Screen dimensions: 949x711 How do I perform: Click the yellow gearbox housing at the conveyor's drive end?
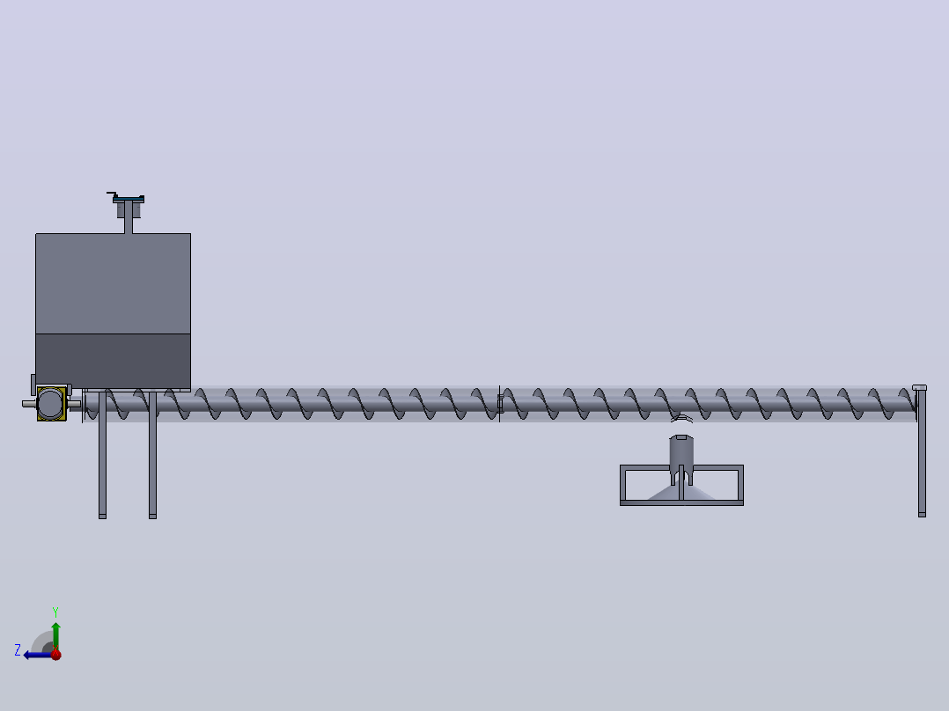[51, 404]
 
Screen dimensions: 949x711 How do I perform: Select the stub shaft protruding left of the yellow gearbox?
[29, 404]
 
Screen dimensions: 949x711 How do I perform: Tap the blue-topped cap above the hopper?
[129, 199]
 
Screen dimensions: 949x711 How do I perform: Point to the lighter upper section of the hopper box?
[114, 283]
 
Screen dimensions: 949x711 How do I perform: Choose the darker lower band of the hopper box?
[114, 362]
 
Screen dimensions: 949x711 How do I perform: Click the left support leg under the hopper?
[102, 455]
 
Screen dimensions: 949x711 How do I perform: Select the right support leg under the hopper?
[152, 455]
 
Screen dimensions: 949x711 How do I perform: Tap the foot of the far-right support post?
[922, 515]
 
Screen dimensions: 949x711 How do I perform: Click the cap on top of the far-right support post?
[919, 387]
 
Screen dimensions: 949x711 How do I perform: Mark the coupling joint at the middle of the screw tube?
[500, 404]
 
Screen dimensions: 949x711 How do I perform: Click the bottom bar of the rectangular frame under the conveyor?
[681, 502]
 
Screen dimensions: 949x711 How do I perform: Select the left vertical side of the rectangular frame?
[622, 486]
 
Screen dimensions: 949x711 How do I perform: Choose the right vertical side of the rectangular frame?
[740, 486]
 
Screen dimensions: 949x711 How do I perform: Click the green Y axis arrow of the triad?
[55, 635]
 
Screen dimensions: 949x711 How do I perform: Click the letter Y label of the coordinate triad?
[55, 612]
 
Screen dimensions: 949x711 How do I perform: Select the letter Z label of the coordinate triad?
[18, 650]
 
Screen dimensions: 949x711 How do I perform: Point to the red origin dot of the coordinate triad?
[56, 655]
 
